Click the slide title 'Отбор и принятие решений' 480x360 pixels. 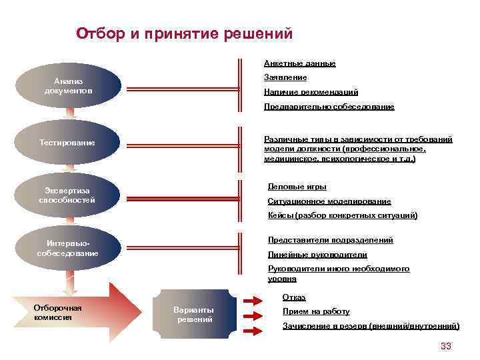coord(184,33)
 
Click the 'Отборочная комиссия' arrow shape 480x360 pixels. coord(73,313)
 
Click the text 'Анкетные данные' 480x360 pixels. coord(299,63)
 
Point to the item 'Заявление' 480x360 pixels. coord(285,78)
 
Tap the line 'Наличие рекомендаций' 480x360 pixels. coord(311,92)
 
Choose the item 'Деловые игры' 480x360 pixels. coord(297,187)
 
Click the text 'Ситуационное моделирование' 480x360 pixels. coord(329,201)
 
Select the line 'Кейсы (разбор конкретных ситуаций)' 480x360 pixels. coord(342,215)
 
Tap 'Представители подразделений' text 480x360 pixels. coord(330,240)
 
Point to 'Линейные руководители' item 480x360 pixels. coord(317,255)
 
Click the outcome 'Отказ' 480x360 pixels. coord(294,297)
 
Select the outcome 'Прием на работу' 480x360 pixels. coord(315,311)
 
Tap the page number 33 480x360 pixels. coord(446,346)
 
